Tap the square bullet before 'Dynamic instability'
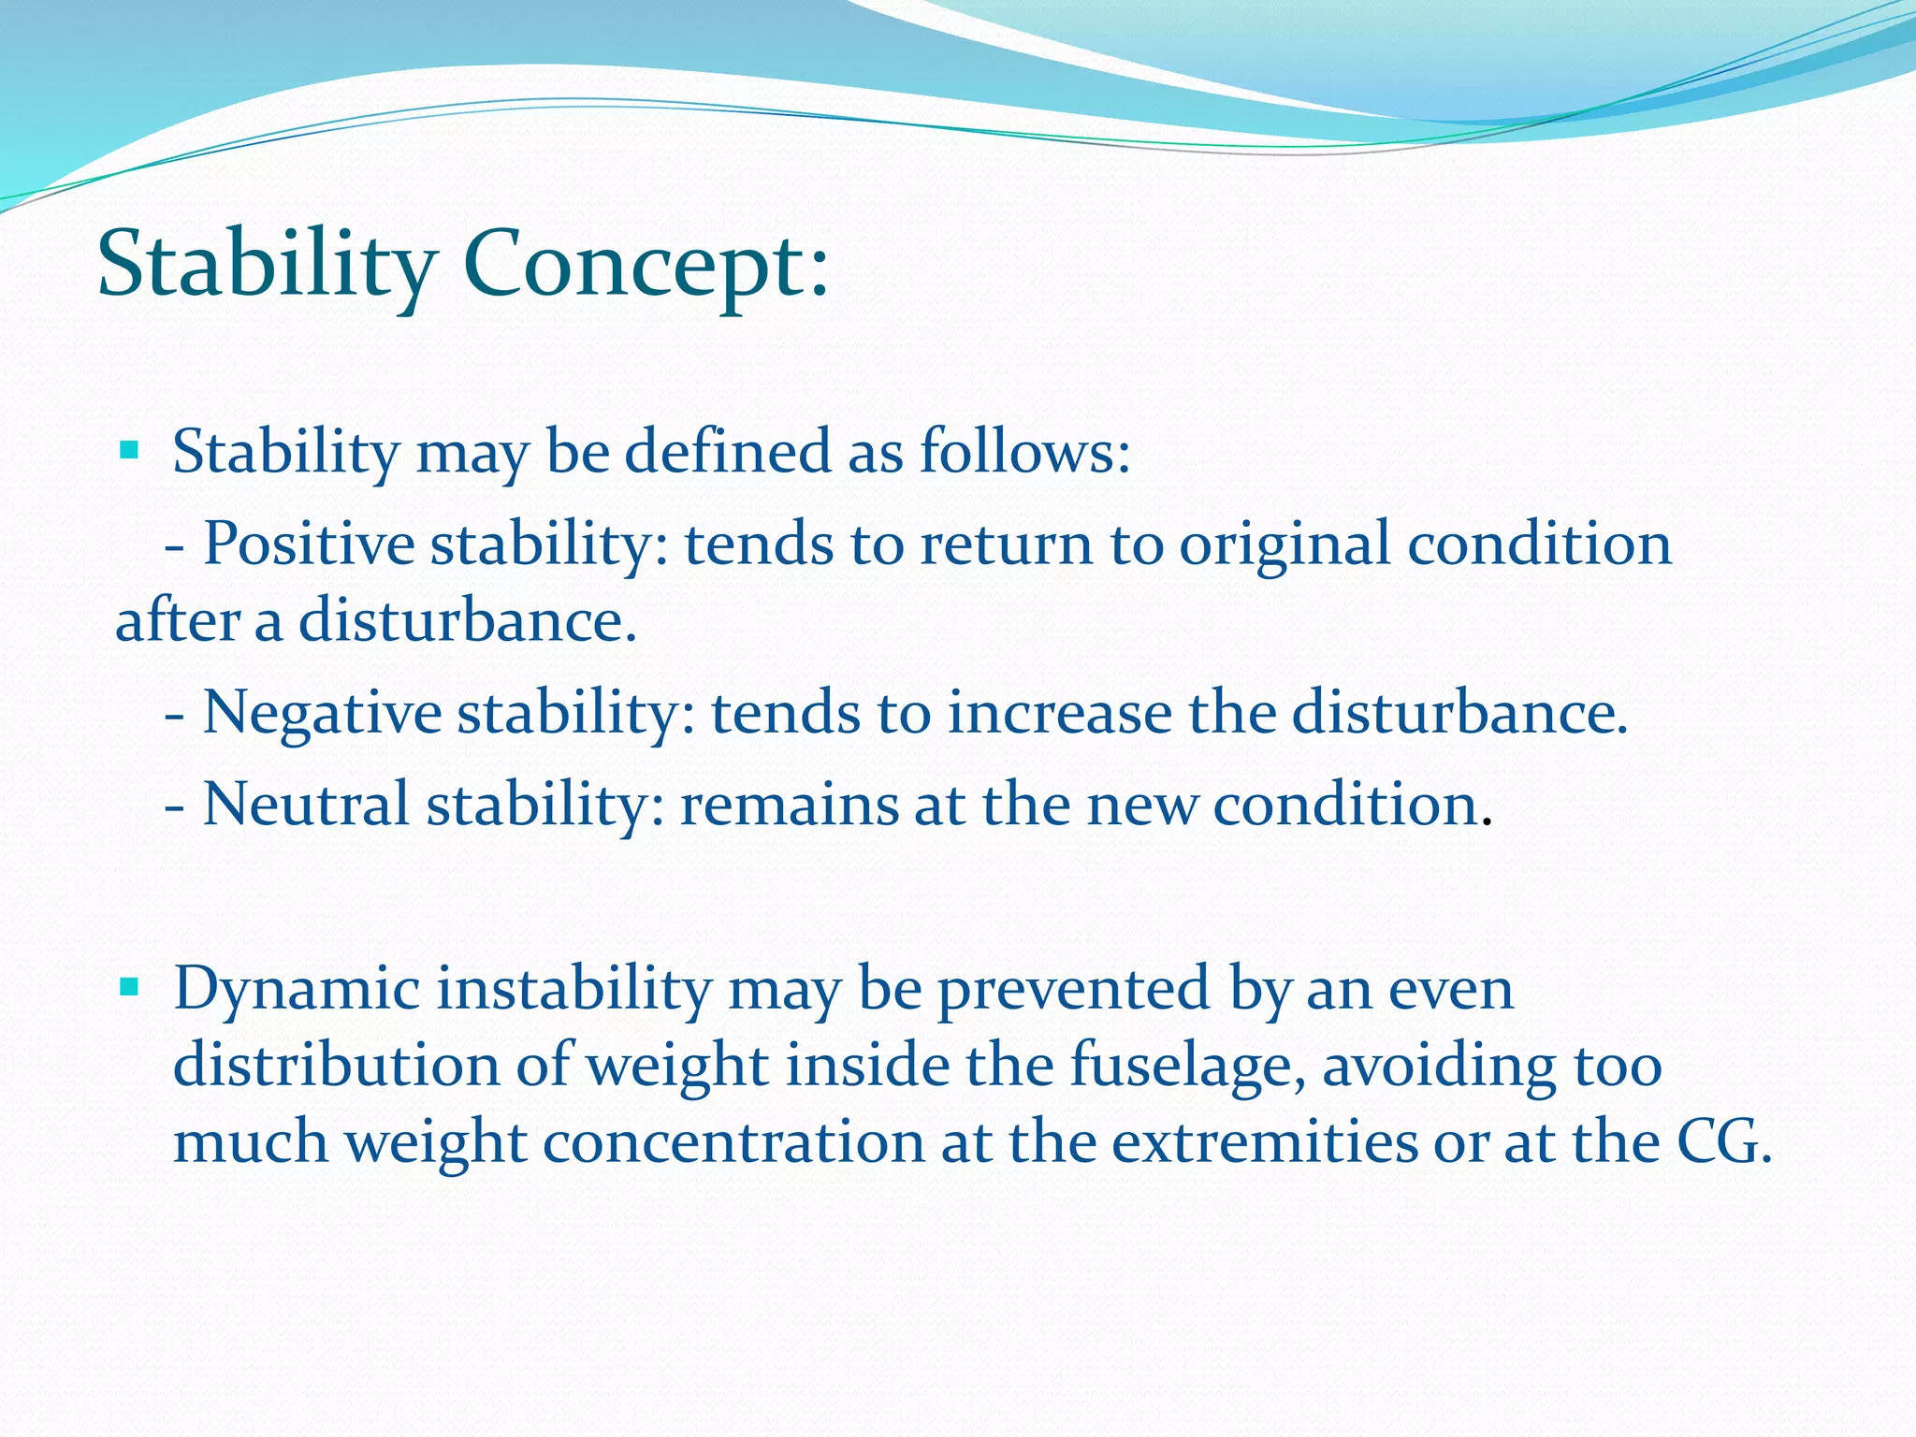[x=129, y=987]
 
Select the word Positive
[x=309, y=544]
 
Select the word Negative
[x=322, y=714]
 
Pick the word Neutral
[x=306, y=805]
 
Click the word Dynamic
[x=297, y=990]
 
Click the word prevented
[x=1074, y=990]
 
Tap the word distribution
[x=337, y=1067]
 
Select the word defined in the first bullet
[x=728, y=452]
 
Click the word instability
[x=573, y=990]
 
